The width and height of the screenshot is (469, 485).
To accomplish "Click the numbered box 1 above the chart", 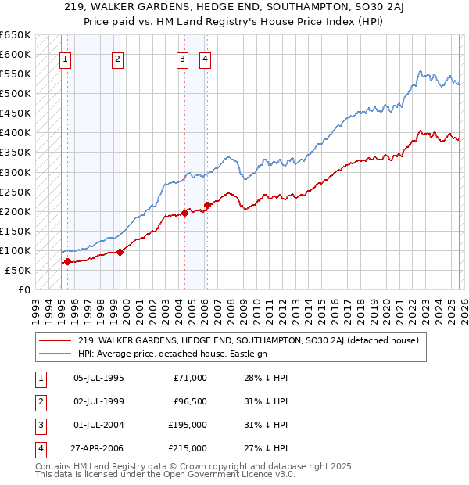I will point(65,59).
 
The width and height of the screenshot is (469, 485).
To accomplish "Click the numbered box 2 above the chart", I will point(117,59).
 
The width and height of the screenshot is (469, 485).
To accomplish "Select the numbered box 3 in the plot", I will point(182,59).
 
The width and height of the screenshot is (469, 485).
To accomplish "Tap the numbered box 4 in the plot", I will point(205,59).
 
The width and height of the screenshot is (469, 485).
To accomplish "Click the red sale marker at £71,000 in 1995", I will point(67,262).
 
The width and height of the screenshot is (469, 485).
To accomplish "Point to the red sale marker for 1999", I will point(120,252).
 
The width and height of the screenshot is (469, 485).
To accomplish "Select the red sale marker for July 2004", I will point(184,213).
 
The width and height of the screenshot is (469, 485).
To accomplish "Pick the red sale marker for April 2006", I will point(208,205).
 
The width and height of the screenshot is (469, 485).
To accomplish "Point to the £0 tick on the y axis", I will point(23,290).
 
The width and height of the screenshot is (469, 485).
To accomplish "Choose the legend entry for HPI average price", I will point(173,354).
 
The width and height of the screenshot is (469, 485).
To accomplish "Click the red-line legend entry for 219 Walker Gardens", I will point(249,340).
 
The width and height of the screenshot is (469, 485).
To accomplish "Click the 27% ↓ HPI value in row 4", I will point(260,448).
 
